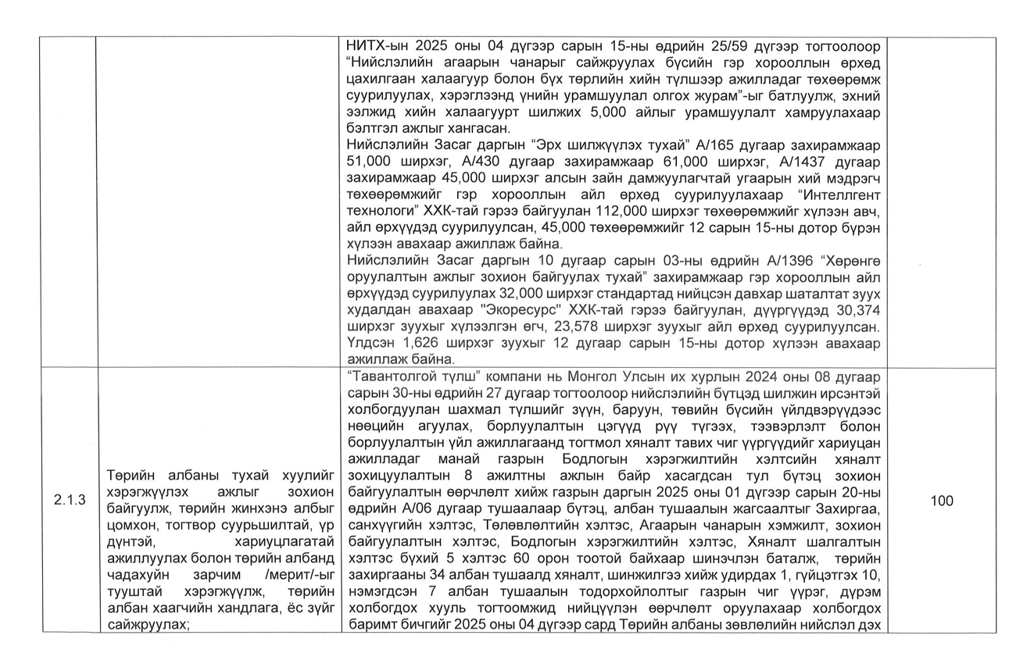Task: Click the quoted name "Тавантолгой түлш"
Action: pos(407,376)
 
